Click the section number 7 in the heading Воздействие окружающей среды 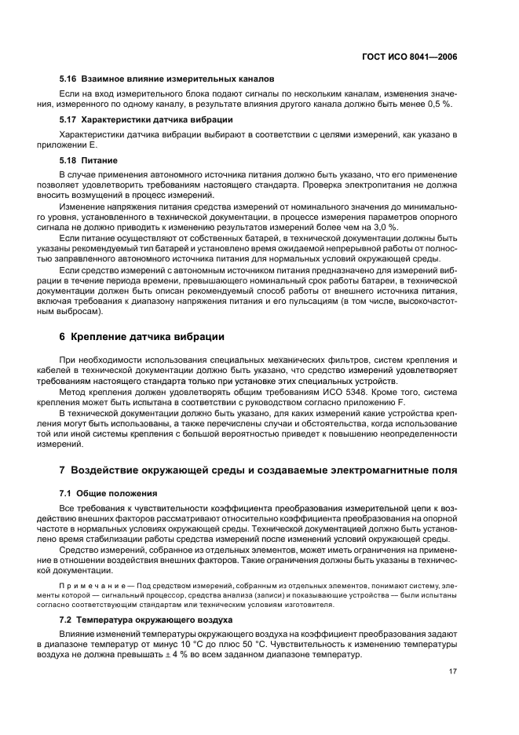coord(64,470)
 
